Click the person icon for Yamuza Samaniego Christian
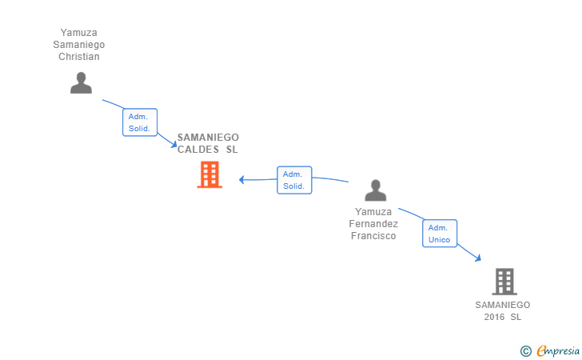click(x=81, y=83)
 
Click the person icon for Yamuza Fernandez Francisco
click(x=375, y=190)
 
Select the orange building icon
click(x=209, y=174)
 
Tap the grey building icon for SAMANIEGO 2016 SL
click(x=504, y=282)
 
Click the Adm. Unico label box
click(x=440, y=234)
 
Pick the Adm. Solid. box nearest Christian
click(x=139, y=122)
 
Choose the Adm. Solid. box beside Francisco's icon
click(x=293, y=180)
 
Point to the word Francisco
click(x=373, y=236)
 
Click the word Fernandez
click(x=373, y=224)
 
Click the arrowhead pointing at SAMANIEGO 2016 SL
click(x=477, y=258)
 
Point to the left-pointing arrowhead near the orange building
click(x=242, y=179)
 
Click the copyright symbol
click(x=525, y=350)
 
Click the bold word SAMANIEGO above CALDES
click(x=208, y=138)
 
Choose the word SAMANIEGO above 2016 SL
click(x=502, y=305)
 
